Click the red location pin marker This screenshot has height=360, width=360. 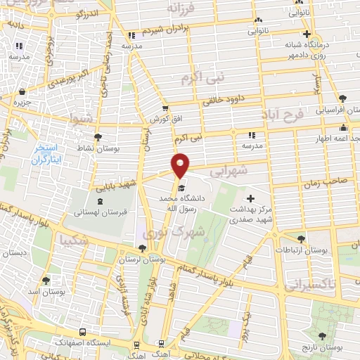181,165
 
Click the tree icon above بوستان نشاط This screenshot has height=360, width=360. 96,137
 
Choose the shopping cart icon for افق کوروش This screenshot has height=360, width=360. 165,108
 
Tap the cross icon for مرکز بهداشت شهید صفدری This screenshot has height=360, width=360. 250,199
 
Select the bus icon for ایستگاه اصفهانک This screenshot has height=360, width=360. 84,332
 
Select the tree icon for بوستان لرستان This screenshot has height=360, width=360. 143,248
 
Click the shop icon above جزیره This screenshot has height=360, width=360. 23,91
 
